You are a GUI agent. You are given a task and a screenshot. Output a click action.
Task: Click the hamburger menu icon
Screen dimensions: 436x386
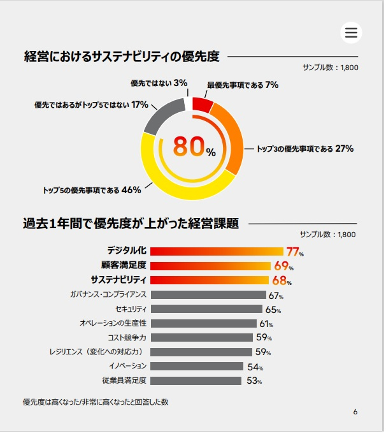coord(351,33)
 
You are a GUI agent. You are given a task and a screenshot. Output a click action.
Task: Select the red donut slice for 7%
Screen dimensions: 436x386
coord(202,105)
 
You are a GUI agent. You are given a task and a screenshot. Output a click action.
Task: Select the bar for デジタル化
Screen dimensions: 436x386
coord(217,251)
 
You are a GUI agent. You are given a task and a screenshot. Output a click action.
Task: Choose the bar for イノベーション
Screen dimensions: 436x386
coord(197,366)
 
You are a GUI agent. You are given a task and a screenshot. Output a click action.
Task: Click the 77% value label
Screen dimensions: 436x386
coord(294,251)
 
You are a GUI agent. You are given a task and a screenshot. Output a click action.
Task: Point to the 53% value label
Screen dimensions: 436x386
coord(254,381)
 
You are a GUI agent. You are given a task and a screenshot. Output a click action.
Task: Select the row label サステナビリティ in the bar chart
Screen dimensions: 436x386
coord(118,280)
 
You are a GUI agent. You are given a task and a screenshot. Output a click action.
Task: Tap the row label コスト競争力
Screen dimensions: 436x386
coord(127,337)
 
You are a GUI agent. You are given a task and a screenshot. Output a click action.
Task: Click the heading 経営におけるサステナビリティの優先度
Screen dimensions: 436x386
coord(121,57)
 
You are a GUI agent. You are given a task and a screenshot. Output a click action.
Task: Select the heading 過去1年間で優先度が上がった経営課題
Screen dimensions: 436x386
coord(131,224)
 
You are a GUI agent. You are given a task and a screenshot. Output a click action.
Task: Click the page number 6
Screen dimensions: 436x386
coord(355,412)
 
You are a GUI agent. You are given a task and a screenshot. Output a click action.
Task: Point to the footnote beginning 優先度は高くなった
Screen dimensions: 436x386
coord(95,402)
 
